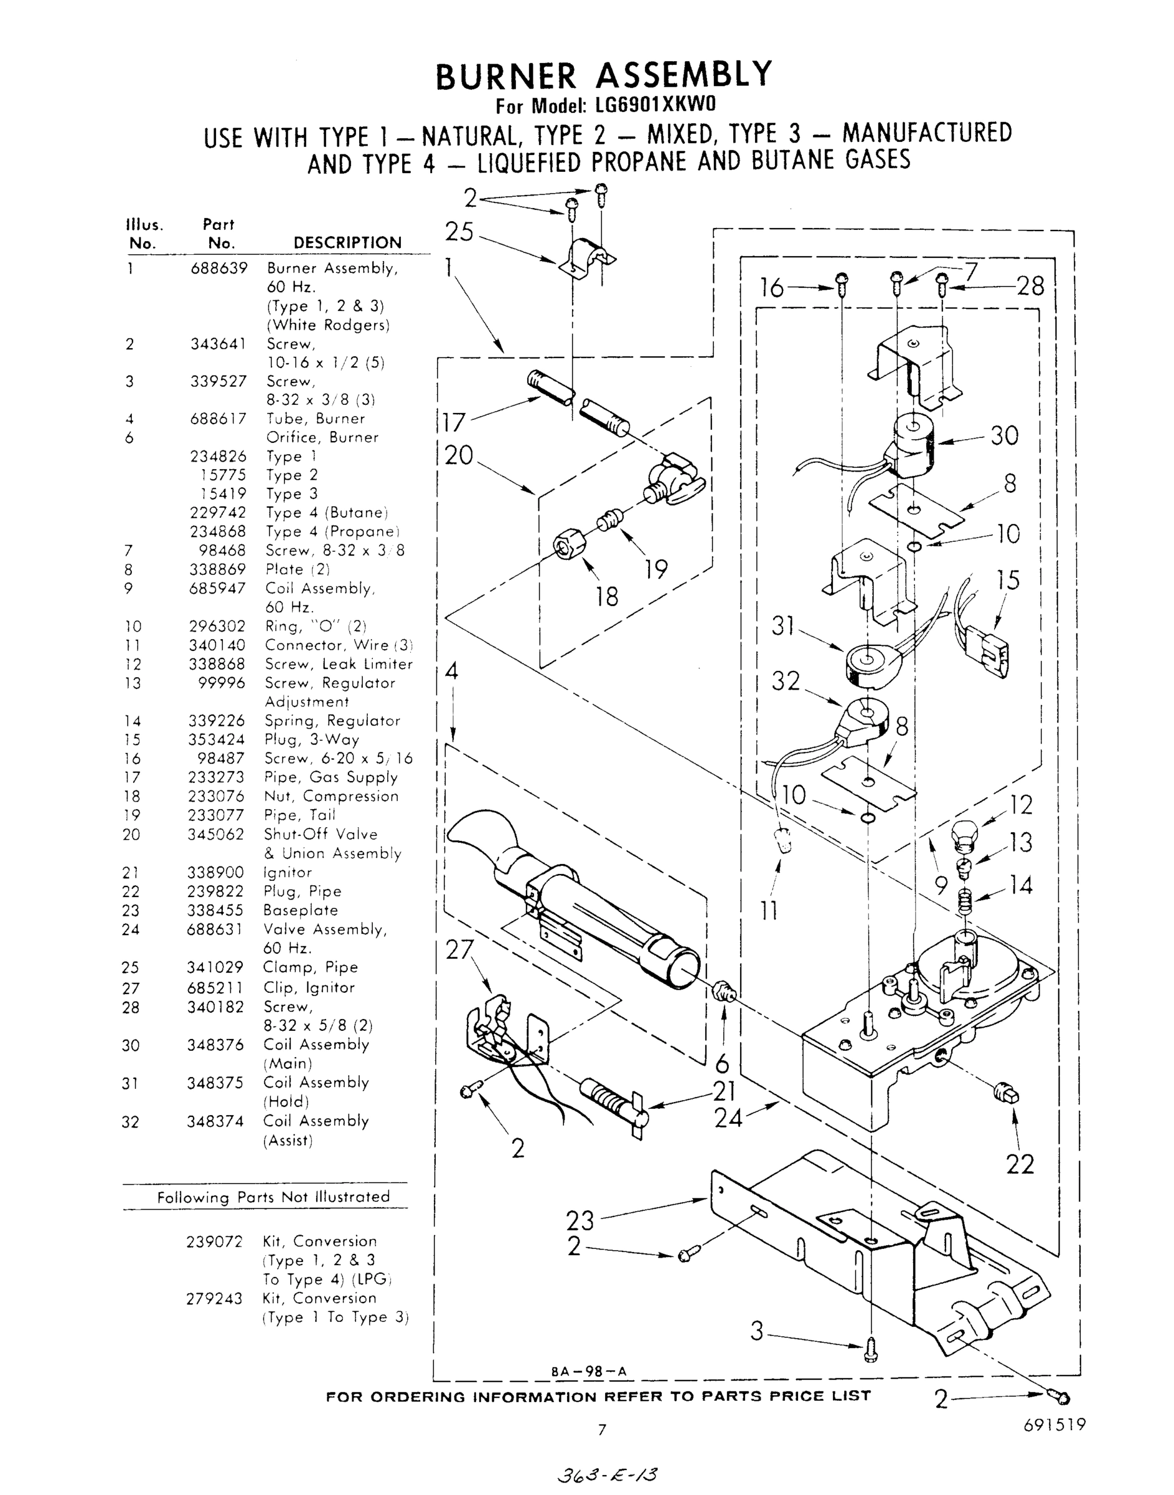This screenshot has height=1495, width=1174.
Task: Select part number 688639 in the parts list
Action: (x=218, y=268)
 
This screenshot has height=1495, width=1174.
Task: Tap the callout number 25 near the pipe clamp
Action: (x=459, y=232)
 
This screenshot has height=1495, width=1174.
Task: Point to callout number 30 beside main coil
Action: (x=1004, y=435)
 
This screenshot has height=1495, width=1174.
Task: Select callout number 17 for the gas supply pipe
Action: (x=454, y=422)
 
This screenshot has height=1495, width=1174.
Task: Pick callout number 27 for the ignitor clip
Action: (x=460, y=950)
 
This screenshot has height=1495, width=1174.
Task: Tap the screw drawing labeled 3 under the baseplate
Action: (x=871, y=1349)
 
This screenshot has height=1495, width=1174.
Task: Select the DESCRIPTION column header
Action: (x=347, y=243)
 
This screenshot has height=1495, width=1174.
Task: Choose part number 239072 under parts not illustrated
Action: (x=215, y=1242)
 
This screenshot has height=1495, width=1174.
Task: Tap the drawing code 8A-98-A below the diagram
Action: (x=589, y=1371)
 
